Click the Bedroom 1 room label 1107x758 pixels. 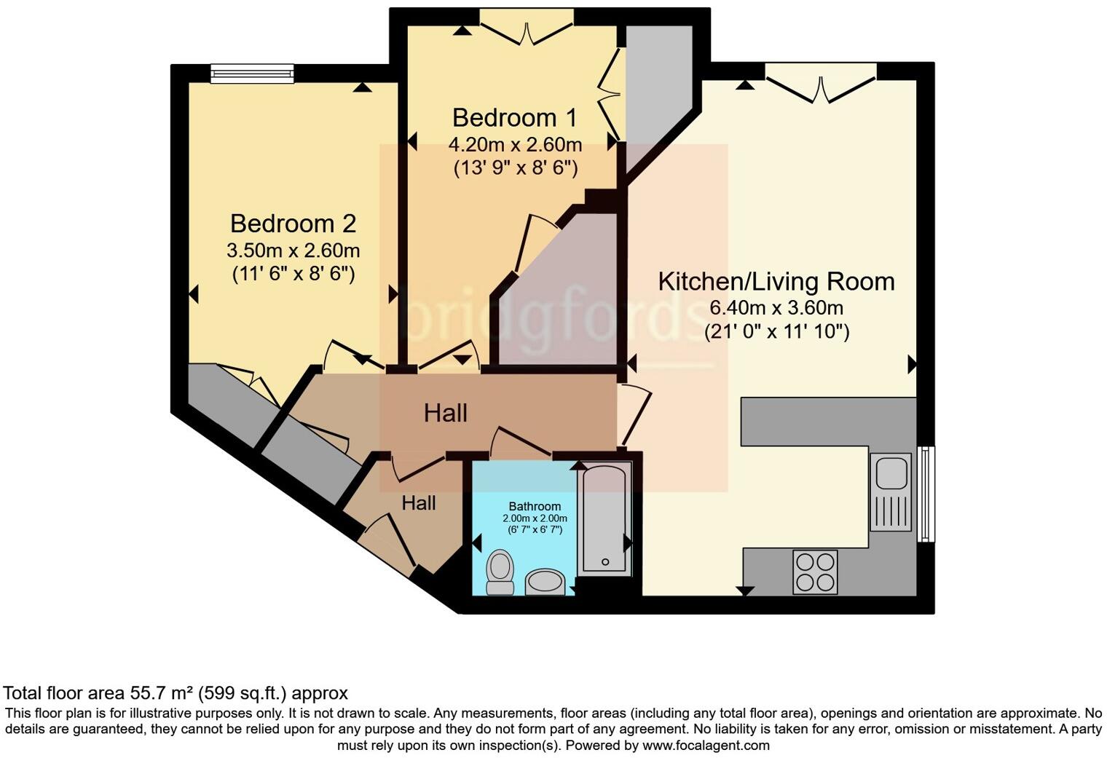[x=515, y=117]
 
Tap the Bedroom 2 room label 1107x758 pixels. [x=293, y=224]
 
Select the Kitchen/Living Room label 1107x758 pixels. [x=776, y=282]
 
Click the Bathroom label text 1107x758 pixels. [x=535, y=506]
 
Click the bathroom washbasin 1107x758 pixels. [x=544, y=581]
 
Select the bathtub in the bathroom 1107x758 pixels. [x=604, y=519]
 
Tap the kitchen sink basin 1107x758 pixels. [x=891, y=473]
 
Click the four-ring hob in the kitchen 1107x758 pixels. [x=815, y=572]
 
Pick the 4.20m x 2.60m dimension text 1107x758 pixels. [x=515, y=144]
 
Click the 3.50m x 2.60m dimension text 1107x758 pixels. [x=293, y=251]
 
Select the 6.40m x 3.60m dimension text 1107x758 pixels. [x=776, y=307]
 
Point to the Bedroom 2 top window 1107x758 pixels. [x=252, y=73]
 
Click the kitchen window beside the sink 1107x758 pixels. [x=925, y=494]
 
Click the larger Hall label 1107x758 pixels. [x=445, y=414]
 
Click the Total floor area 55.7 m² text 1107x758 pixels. [x=176, y=692]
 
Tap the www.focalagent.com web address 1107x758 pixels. [x=706, y=746]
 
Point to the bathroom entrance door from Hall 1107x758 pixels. [x=520, y=443]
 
